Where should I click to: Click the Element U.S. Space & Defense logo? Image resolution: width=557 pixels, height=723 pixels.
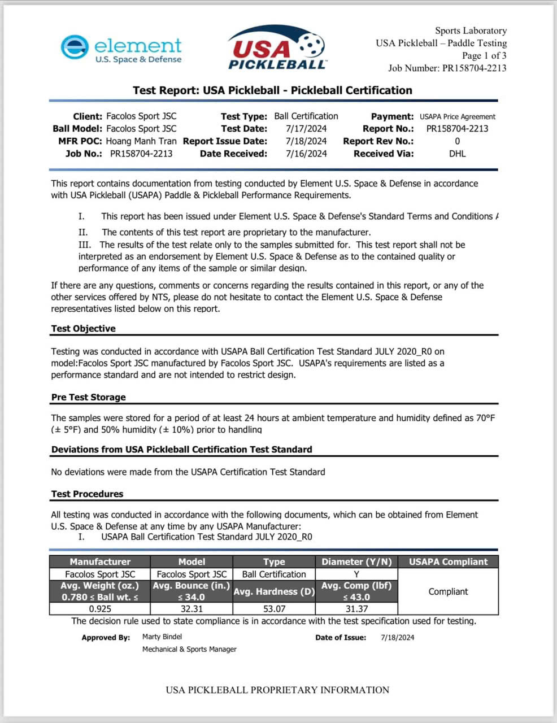(x=121, y=49)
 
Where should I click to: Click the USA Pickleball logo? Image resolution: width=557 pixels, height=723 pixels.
(x=276, y=49)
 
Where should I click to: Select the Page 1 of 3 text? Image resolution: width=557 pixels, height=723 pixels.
(x=484, y=55)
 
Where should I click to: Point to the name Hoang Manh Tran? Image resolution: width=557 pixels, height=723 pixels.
(x=141, y=141)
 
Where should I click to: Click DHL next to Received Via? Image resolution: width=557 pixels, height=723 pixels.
(x=457, y=154)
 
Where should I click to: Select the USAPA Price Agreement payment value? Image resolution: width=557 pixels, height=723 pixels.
(x=457, y=117)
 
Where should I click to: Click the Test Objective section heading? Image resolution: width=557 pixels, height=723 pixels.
(x=83, y=329)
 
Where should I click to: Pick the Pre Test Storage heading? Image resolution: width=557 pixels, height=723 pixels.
(x=88, y=397)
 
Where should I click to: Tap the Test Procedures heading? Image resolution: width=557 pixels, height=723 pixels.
(x=87, y=494)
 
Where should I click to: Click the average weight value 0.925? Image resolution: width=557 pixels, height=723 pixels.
(x=100, y=609)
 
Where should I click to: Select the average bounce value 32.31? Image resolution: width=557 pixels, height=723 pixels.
(x=192, y=609)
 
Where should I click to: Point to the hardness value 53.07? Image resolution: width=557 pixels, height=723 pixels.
(x=274, y=609)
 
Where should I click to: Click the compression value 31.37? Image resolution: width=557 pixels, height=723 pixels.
(x=356, y=609)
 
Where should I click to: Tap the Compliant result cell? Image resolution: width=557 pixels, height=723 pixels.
(x=448, y=591)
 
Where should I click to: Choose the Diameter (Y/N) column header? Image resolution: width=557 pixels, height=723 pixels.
(x=356, y=561)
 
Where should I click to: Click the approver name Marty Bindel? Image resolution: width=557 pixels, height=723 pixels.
(x=162, y=637)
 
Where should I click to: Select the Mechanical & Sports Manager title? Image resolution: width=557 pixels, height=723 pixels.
(x=189, y=649)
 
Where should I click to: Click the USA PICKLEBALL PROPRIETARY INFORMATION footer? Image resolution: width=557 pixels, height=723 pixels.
(x=277, y=690)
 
